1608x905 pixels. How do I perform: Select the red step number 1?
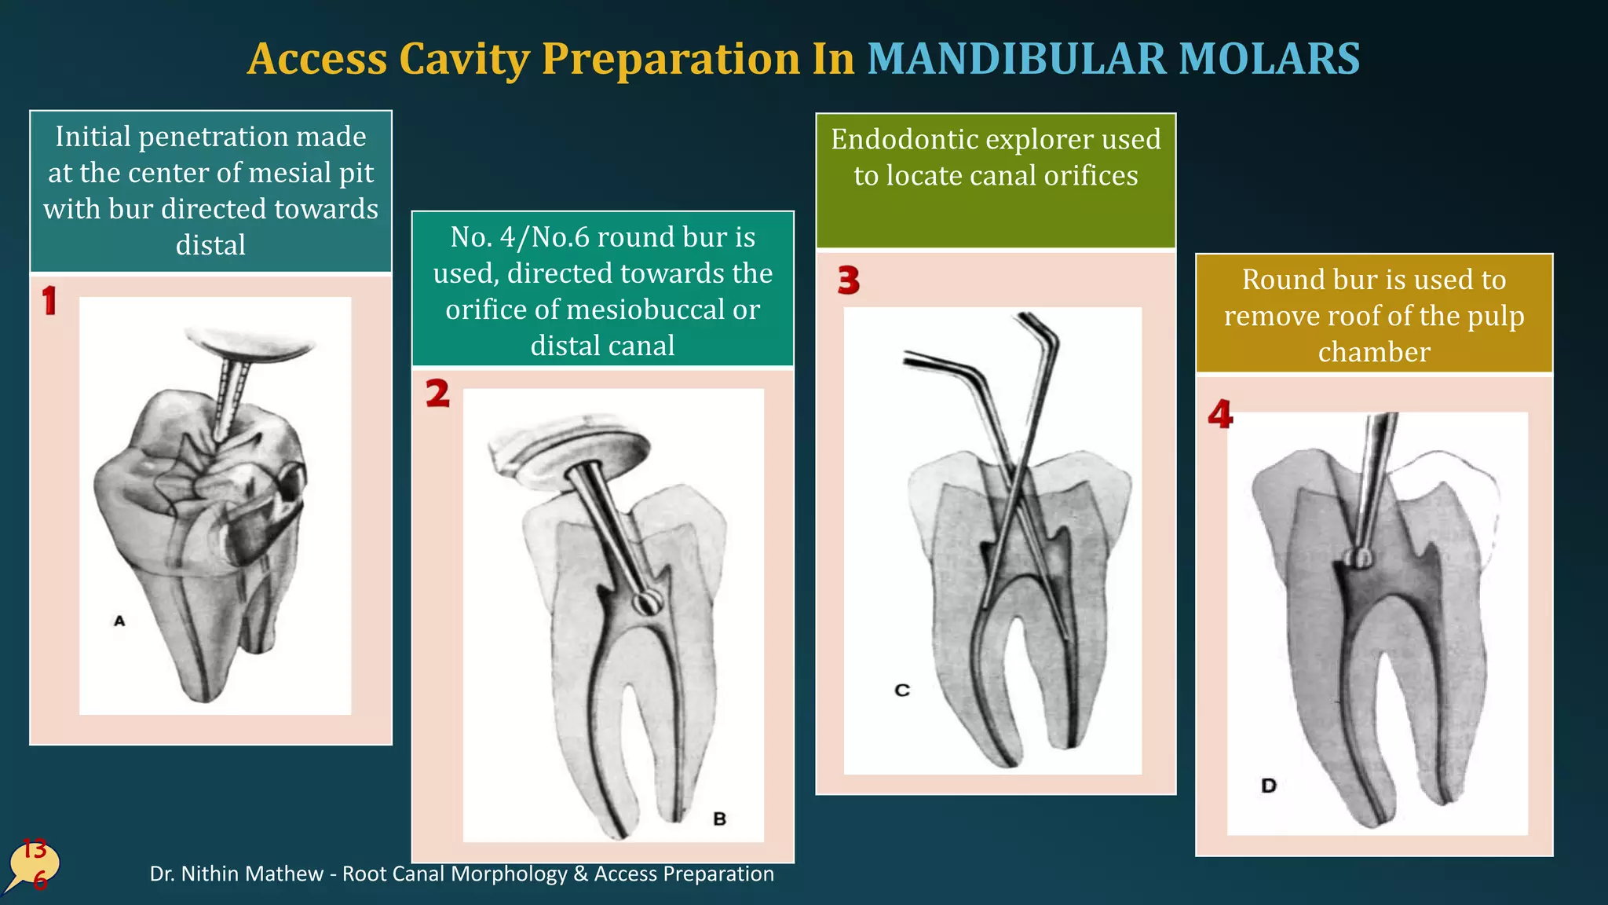49,301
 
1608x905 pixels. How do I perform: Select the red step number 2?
437,394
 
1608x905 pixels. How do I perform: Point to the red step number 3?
848,280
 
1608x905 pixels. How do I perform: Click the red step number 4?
1220,414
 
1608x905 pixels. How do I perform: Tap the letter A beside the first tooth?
119,621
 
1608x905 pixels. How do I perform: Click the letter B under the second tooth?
719,819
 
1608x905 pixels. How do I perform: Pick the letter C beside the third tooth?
902,690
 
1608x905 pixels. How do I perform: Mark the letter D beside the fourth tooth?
1269,785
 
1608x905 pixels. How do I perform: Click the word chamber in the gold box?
1373,352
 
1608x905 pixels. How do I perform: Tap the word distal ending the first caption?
210,245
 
